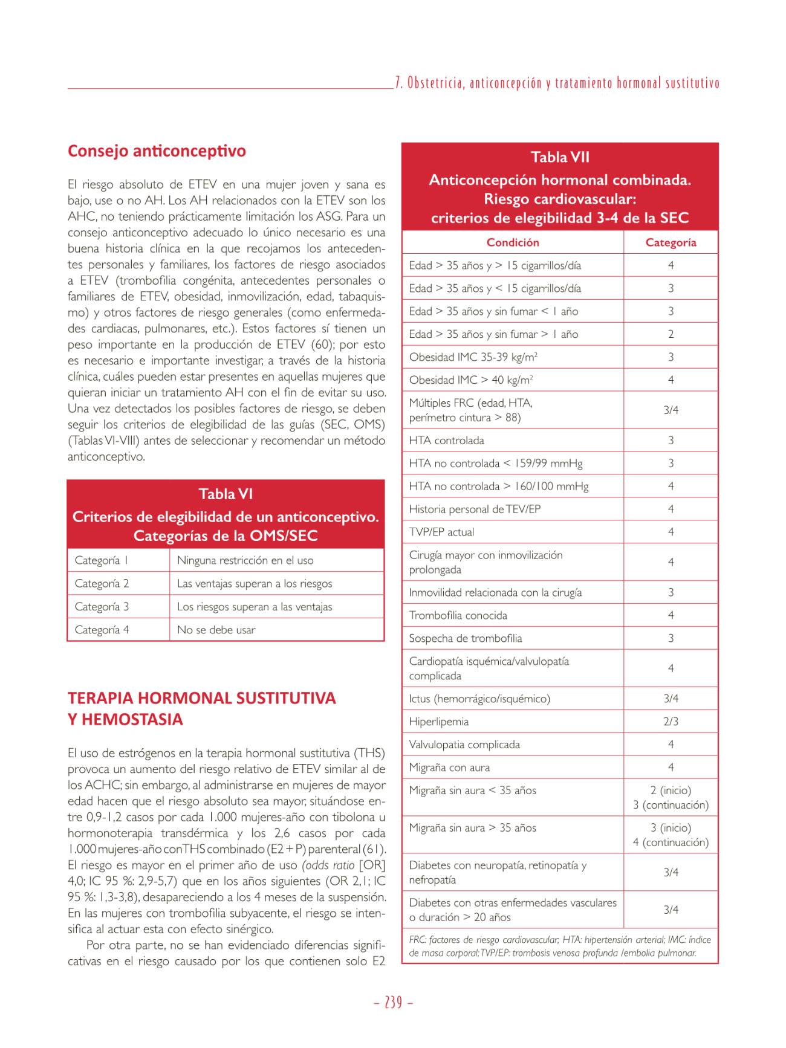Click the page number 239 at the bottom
(x=393, y=1003)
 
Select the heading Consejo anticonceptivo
(x=157, y=150)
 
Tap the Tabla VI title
(x=226, y=494)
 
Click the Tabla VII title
(x=560, y=157)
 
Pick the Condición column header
(x=513, y=242)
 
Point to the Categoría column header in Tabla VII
(x=671, y=242)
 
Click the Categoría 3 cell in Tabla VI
(x=102, y=607)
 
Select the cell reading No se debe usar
(x=216, y=630)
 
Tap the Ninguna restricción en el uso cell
(x=245, y=560)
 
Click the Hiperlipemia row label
(x=438, y=722)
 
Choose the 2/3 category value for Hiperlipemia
(x=671, y=722)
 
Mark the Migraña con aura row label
(x=449, y=768)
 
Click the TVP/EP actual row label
(x=441, y=532)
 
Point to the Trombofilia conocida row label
(x=458, y=615)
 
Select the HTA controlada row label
(x=446, y=441)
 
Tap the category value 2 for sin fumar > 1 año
(x=671, y=334)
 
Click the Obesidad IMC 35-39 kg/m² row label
(x=473, y=357)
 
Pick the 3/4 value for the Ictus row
(x=671, y=699)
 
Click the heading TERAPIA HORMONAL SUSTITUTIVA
(x=201, y=698)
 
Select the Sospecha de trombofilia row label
(x=465, y=638)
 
